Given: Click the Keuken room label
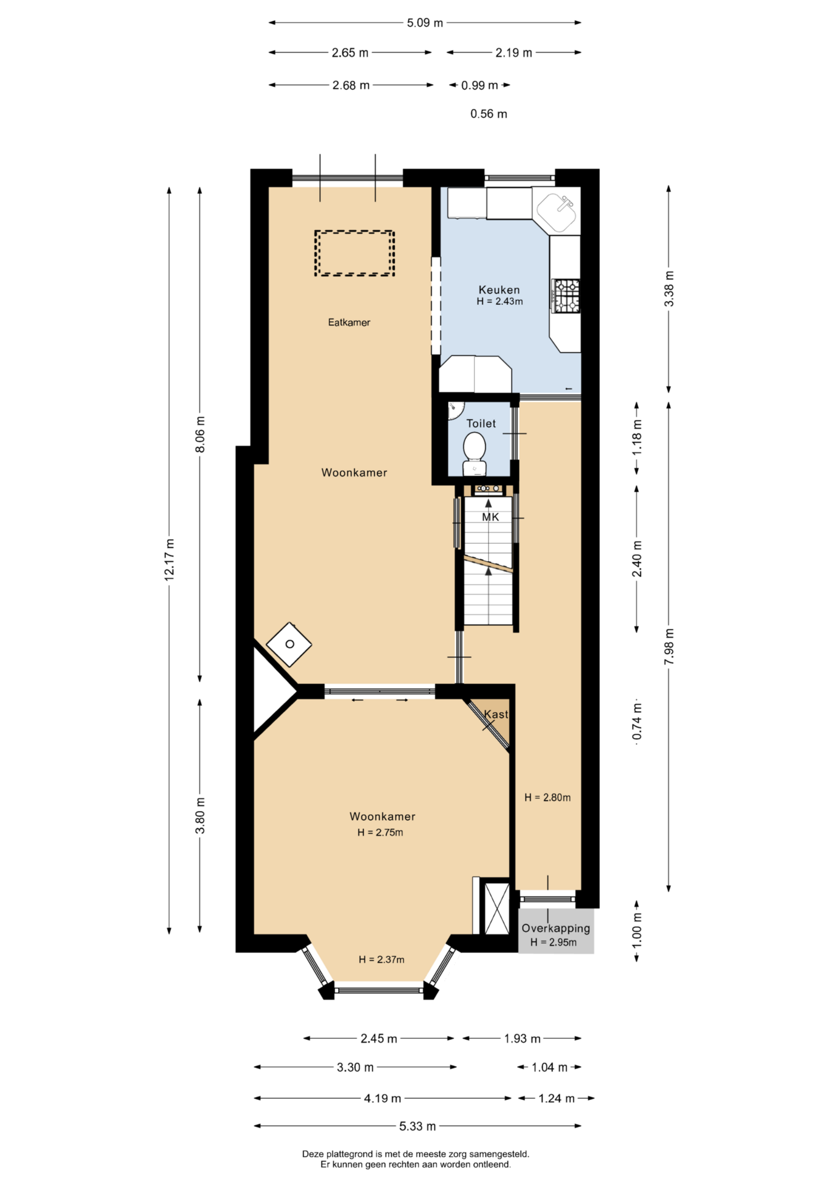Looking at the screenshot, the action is pyautogui.click(x=499, y=289).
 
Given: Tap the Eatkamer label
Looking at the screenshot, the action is pyautogui.click(x=349, y=322).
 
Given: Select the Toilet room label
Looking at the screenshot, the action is pyautogui.click(x=481, y=423).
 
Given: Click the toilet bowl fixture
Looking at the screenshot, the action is pyautogui.click(x=475, y=454).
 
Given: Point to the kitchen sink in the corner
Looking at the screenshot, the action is pyautogui.click(x=557, y=210).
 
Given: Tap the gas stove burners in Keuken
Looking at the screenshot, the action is pyautogui.click(x=566, y=296).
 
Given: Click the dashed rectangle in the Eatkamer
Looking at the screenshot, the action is pyautogui.click(x=355, y=253).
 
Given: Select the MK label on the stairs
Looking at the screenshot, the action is pyautogui.click(x=491, y=517).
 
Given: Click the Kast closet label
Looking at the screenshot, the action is pyautogui.click(x=496, y=714).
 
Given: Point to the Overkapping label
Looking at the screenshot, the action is pyautogui.click(x=556, y=928).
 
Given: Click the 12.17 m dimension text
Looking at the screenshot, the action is pyautogui.click(x=170, y=559).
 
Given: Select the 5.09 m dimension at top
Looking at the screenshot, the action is pyautogui.click(x=425, y=23).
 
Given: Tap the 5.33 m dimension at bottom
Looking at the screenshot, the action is pyautogui.click(x=418, y=1126).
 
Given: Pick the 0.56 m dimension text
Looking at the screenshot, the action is pyautogui.click(x=489, y=114).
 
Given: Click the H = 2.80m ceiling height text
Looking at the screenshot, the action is pyautogui.click(x=547, y=797).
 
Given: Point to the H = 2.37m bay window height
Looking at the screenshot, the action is pyautogui.click(x=381, y=959).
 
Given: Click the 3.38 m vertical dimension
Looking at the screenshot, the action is pyautogui.click(x=669, y=289).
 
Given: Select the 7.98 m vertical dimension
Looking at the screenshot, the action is pyautogui.click(x=669, y=647).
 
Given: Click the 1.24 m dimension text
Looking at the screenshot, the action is pyautogui.click(x=557, y=1098).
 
